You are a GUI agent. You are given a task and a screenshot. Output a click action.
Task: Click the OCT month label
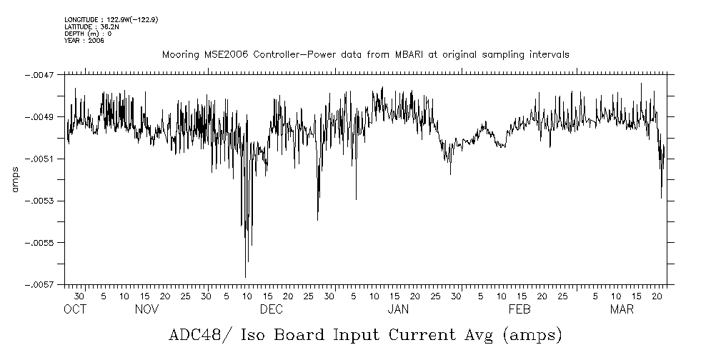75,310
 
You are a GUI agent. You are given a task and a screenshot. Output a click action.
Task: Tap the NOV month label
146,310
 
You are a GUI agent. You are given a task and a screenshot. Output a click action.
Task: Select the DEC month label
272,310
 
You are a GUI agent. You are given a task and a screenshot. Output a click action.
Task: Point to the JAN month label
398,310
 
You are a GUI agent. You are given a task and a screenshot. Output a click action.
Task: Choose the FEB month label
519,310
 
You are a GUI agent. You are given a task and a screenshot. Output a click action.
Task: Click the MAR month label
622,310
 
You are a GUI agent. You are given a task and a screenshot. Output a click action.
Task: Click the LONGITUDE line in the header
111,19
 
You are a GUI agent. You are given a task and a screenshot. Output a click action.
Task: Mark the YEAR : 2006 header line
84,41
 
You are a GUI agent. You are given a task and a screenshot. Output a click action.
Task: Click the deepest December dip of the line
245,276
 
